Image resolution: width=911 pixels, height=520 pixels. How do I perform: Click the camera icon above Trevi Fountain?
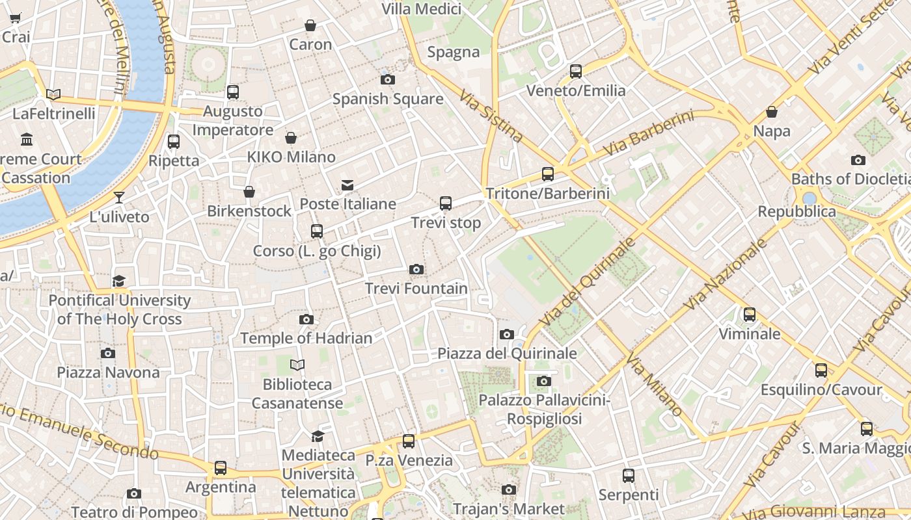pos(416,269)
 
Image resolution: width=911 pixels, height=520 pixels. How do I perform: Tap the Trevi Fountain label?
pos(416,289)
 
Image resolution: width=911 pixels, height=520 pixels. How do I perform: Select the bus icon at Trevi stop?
pos(446,203)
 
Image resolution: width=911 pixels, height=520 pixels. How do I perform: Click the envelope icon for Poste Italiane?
pos(347,185)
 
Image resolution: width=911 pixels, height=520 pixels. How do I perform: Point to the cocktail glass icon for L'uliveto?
pos(119,198)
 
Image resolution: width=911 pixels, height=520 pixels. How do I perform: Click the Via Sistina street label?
pos(491,116)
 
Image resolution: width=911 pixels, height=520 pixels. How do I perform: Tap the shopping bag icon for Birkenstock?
pos(249,192)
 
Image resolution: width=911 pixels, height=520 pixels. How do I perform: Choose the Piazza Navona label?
pos(108,372)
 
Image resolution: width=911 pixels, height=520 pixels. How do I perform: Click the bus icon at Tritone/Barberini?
pos(548,174)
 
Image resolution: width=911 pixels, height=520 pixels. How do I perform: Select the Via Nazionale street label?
pos(726,274)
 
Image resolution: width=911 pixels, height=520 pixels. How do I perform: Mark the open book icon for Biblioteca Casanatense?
pos(297,365)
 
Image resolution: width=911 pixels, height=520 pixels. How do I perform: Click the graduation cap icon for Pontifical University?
pos(119,281)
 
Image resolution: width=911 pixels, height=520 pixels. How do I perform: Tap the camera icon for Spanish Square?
pos(388,80)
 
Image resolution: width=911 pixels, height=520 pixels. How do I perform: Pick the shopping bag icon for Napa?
pos(772,112)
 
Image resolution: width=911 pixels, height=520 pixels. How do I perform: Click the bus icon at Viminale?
pos(750,315)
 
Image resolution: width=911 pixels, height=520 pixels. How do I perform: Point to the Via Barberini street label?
pos(648,133)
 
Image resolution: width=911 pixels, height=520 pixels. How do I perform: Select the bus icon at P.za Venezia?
pos(409,441)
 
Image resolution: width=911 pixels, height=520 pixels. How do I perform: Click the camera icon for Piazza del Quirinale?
pos(507,334)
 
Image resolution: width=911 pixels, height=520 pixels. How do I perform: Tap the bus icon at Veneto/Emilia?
pos(576,71)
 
